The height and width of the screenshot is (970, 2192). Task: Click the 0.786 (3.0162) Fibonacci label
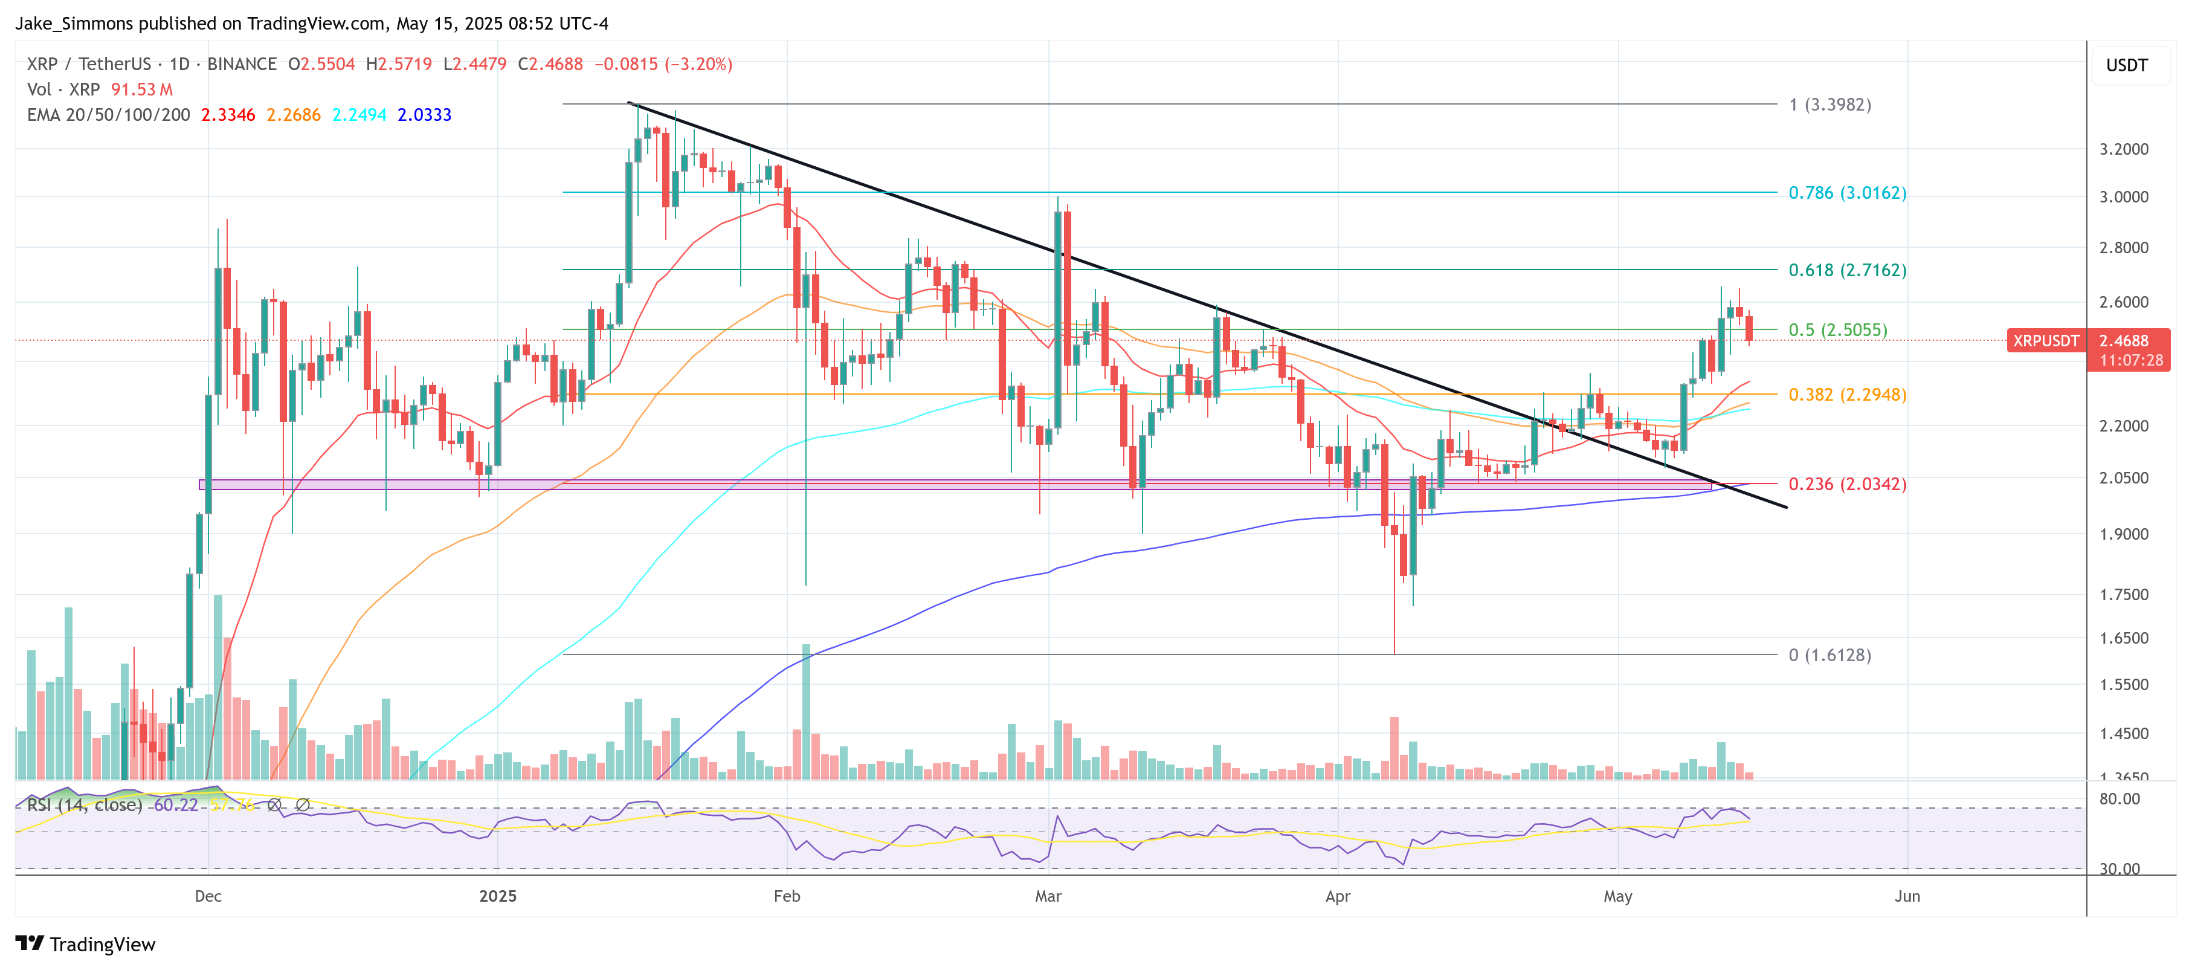coord(1846,193)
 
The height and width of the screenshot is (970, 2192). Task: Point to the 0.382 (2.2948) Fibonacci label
coord(1846,395)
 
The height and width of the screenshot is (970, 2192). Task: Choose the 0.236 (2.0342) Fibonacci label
coord(1846,484)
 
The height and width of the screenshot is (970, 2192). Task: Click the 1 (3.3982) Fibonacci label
coord(1829,105)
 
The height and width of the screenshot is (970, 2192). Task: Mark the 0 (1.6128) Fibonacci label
coord(1829,655)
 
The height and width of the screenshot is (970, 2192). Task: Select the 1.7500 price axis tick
coord(2124,595)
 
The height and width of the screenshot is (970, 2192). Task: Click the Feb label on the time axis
coord(787,896)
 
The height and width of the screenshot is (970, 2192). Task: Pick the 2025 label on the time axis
coord(498,896)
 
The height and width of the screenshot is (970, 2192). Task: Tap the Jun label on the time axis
coord(1907,896)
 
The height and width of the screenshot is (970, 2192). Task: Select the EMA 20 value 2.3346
coord(227,115)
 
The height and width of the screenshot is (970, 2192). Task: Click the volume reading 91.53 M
coord(141,89)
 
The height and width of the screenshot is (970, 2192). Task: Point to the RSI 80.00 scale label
coord(2119,799)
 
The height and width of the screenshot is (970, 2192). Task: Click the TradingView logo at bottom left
coord(86,945)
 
